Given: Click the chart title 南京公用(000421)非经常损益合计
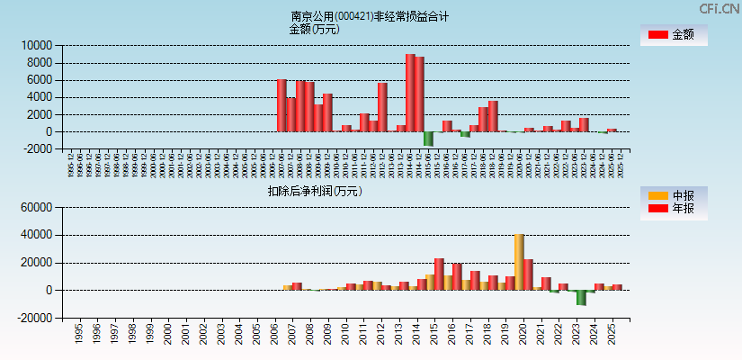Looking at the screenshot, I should coord(370,16).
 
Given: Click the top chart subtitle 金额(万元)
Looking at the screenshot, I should coord(314,29).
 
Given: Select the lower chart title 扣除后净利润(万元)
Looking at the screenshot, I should coord(314,191).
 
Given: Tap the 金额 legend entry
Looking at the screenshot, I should coord(674,35).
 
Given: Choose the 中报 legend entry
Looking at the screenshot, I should coord(674,195).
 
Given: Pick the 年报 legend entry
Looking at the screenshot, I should coord(674,209).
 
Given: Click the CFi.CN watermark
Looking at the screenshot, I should coord(720,8).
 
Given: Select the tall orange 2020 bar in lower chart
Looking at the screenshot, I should coord(519,262).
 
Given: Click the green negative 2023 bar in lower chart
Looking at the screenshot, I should coord(582,298).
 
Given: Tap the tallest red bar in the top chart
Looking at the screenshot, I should coord(410,93).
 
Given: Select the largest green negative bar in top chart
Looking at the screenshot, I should coord(429,139).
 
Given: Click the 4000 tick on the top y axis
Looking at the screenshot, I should coord(41,97).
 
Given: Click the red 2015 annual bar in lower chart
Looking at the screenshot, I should coord(439,274).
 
